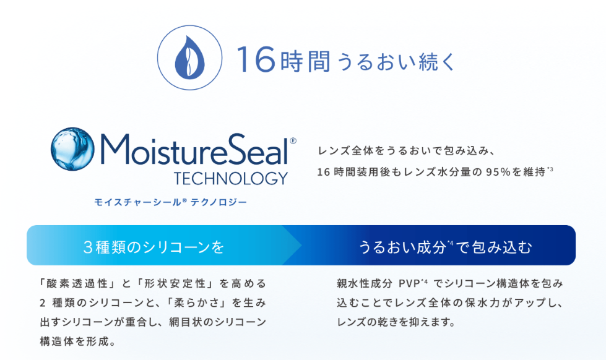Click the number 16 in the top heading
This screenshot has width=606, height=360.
(256, 59)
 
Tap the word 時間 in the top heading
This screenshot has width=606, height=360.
(305, 61)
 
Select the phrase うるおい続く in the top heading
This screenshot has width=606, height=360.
(397, 61)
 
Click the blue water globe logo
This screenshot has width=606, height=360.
(72, 148)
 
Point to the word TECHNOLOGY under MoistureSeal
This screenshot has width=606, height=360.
(231, 179)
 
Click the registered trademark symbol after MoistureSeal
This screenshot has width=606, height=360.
(293, 141)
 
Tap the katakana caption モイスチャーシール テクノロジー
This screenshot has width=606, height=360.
(170, 202)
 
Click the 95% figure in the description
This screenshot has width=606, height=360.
(498, 171)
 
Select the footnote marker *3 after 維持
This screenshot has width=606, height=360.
(550, 169)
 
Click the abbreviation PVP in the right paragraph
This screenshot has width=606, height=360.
(409, 284)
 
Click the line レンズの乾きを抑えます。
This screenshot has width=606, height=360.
(396, 322)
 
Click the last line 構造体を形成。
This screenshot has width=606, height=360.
(77, 341)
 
